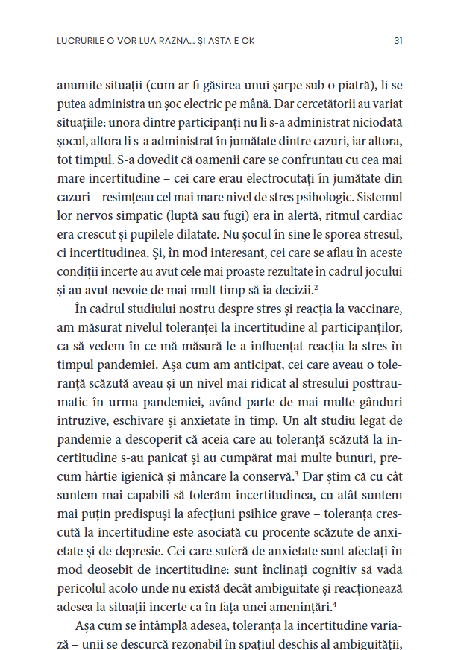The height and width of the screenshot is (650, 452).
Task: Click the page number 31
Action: coord(398,41)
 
